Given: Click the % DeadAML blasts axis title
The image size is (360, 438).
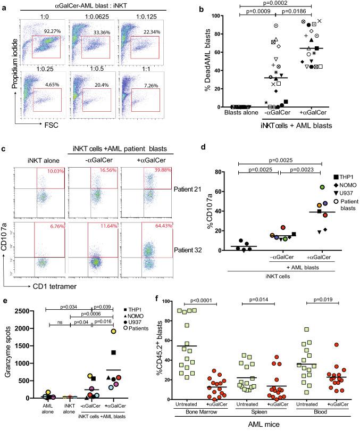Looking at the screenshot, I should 202,61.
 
